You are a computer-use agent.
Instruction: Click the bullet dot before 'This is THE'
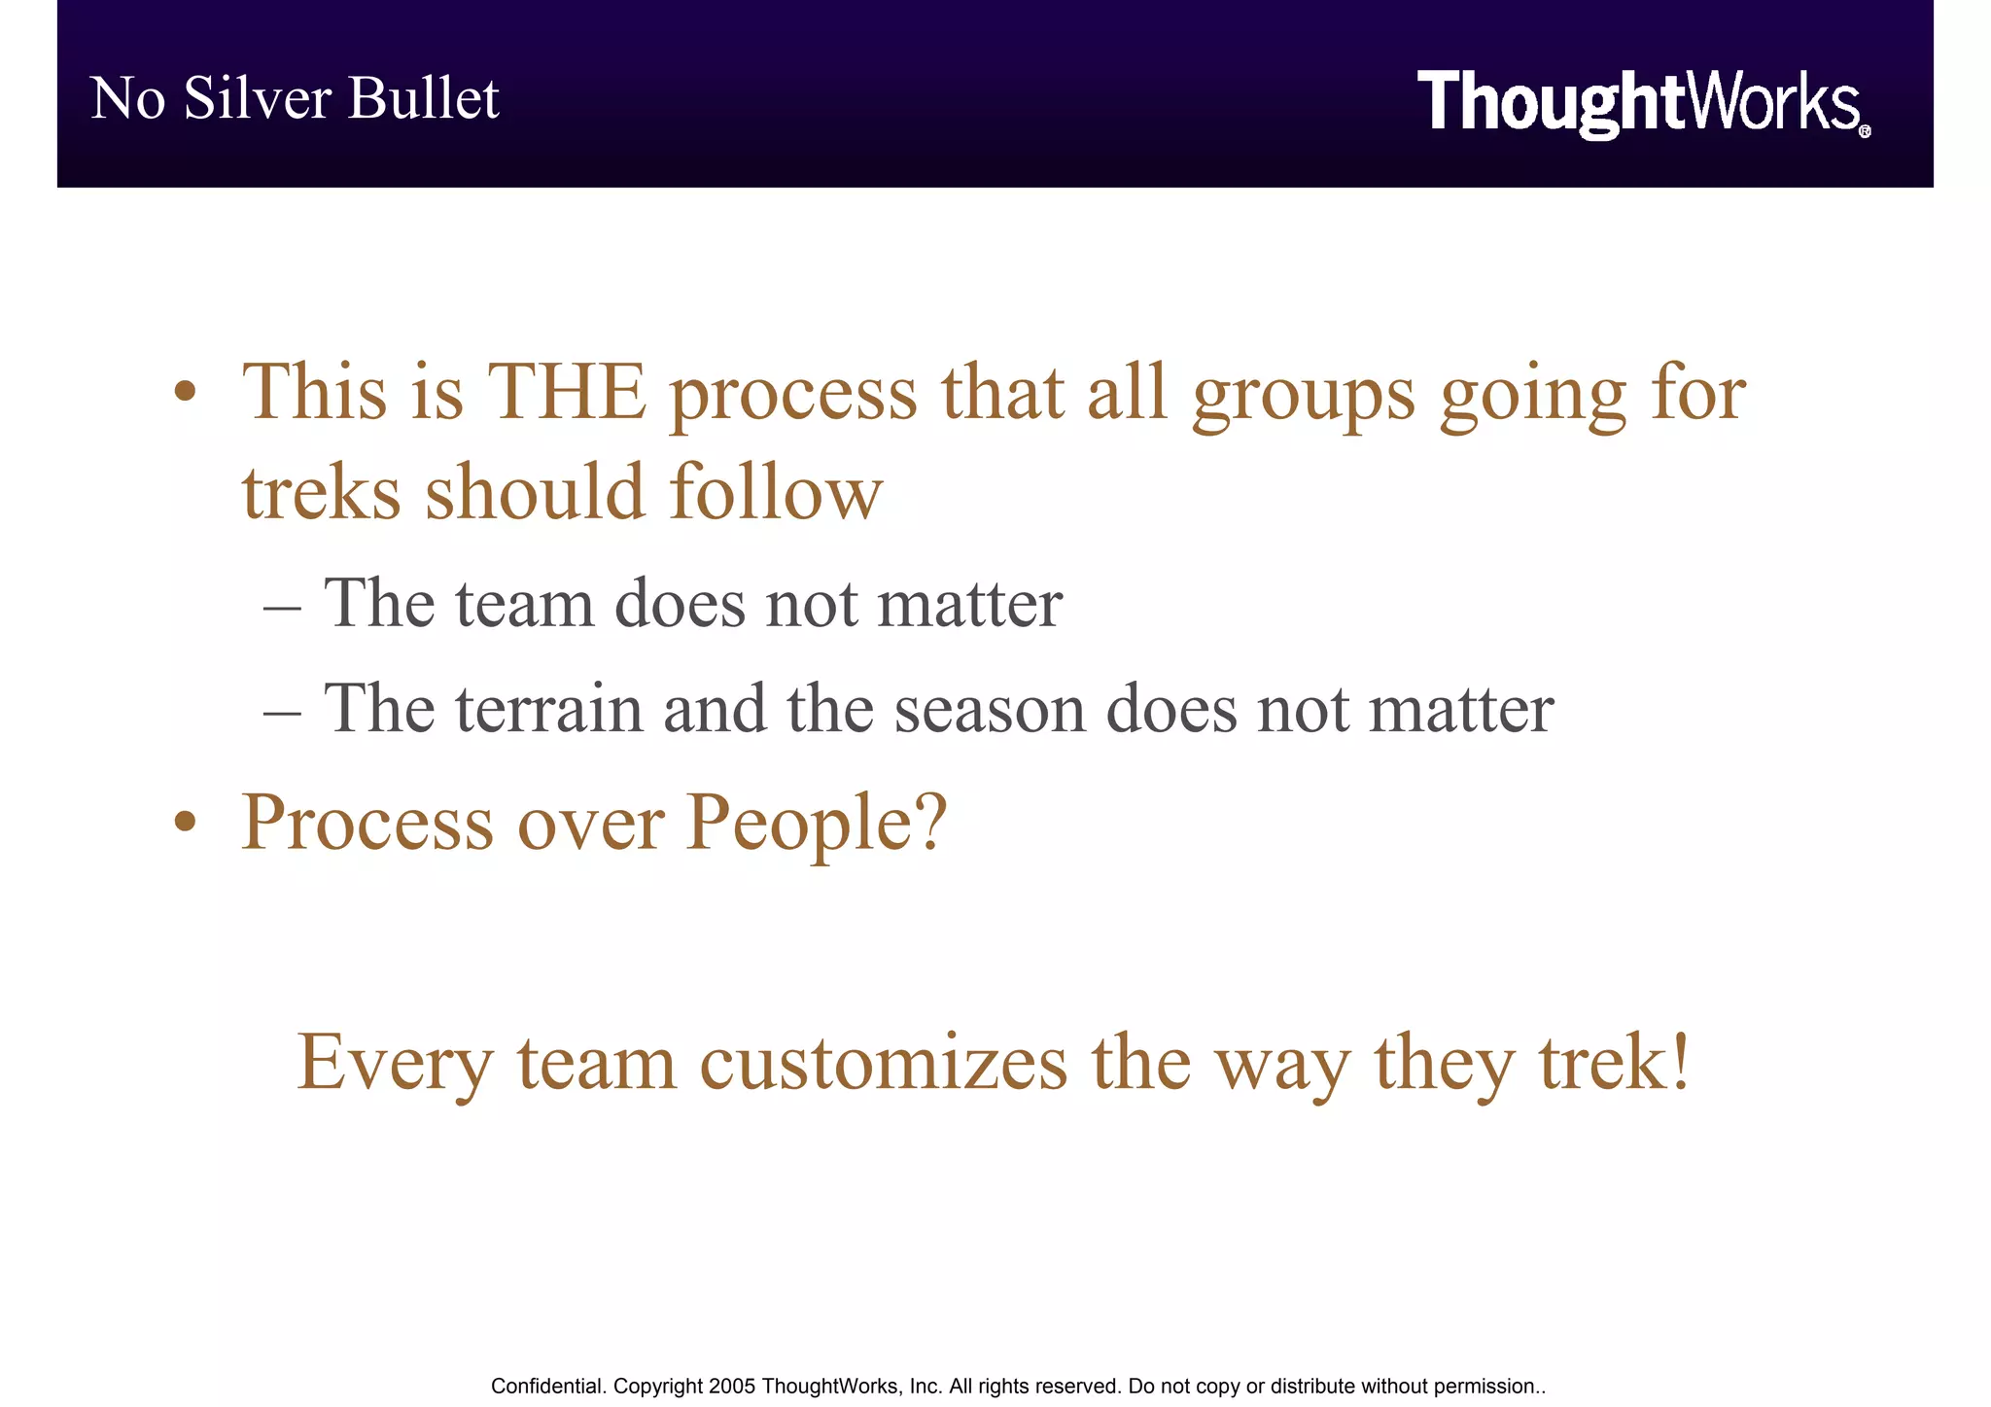[x=185, y=394]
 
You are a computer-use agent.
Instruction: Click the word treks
[x=321, y=492]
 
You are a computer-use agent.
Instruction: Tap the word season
[x=990, y=710]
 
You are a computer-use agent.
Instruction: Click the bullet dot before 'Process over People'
[x=185, y=823]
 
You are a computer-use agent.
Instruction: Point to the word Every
[x=395, y=1065]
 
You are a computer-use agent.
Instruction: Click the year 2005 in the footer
[x=732, y=1387]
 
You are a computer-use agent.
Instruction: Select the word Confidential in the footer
[x=547, y=1387]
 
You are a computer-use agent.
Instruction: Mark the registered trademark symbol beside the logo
[x=1864, y=131]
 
